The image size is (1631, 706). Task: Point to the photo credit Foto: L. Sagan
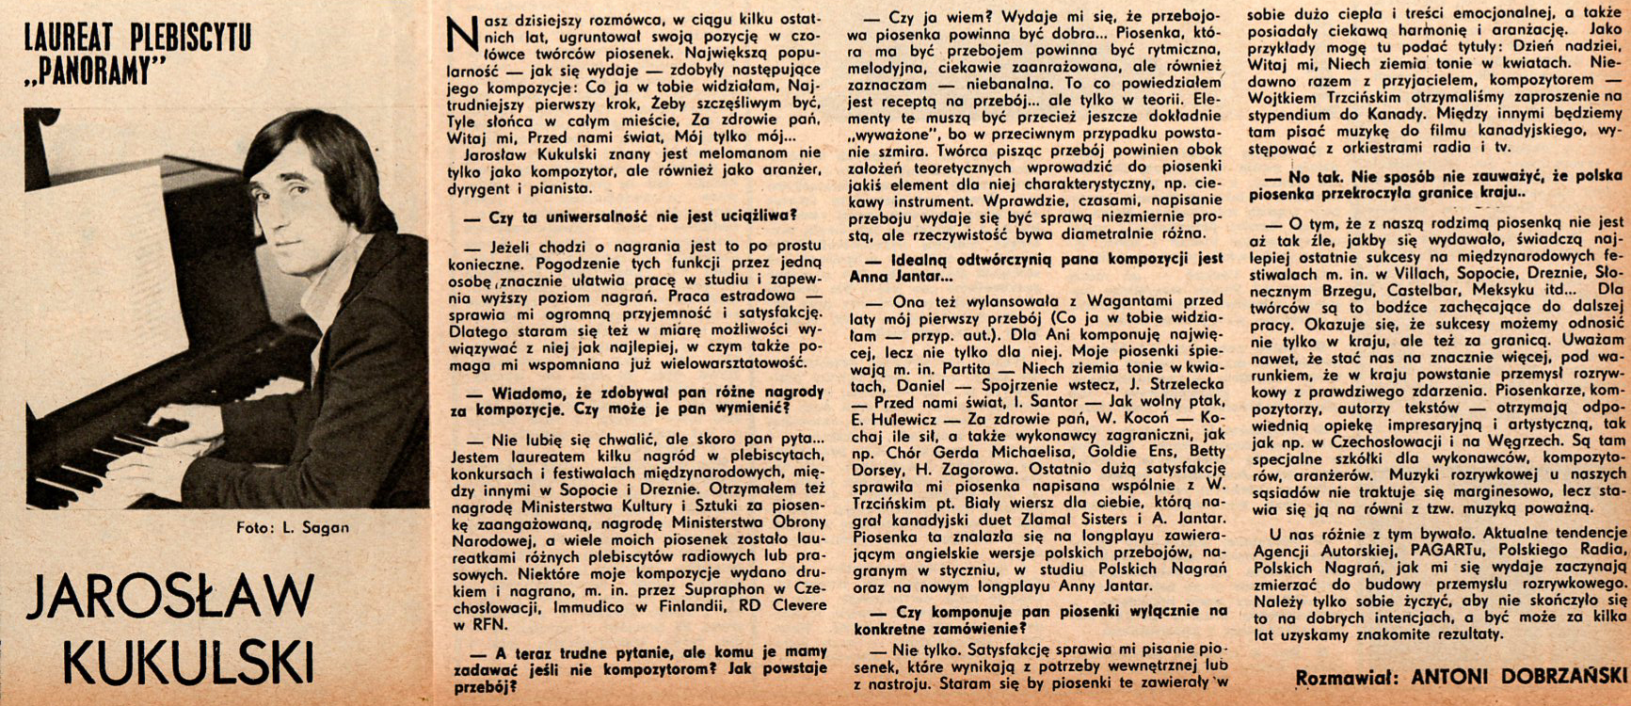tap(293, 527)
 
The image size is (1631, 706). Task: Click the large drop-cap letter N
tap(461, 36)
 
